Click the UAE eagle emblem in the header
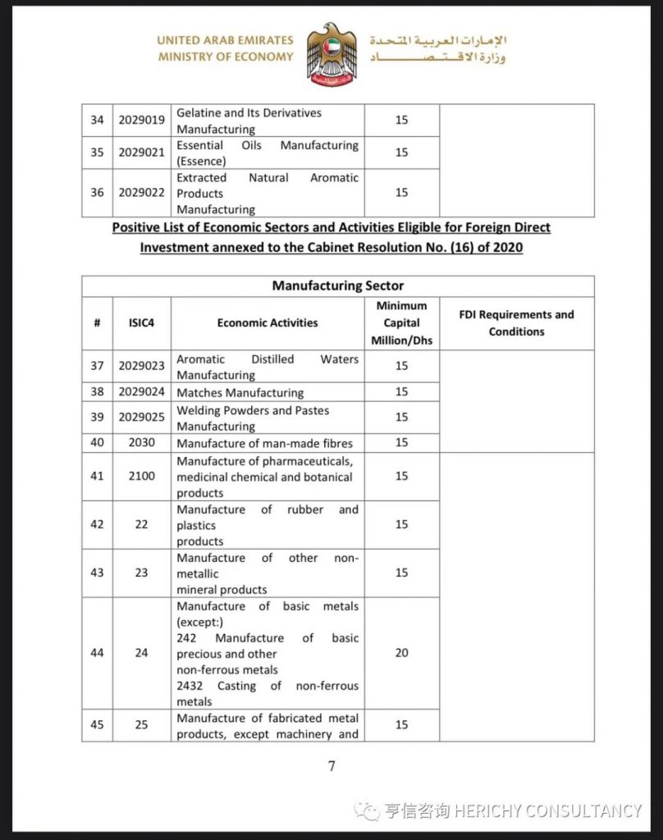(331, 54)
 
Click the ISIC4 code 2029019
(141, 121)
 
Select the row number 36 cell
(98, 193)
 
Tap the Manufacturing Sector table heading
(337, 286)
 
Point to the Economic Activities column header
(267, 323)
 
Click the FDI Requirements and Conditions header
(516, 323)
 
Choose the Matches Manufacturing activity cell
(240, 393)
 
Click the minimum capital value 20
(401, 653)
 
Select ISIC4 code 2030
(141, 443)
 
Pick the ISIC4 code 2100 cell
(141, 476)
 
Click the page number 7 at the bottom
(331, 766)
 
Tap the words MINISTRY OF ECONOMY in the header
(226, 57)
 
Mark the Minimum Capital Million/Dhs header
(401, 323)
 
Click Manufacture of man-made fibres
(264, 443)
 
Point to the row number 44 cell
(98, 653)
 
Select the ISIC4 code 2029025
(141, 418)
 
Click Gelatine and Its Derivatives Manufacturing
(249, 121)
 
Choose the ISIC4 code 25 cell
(141, 725)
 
